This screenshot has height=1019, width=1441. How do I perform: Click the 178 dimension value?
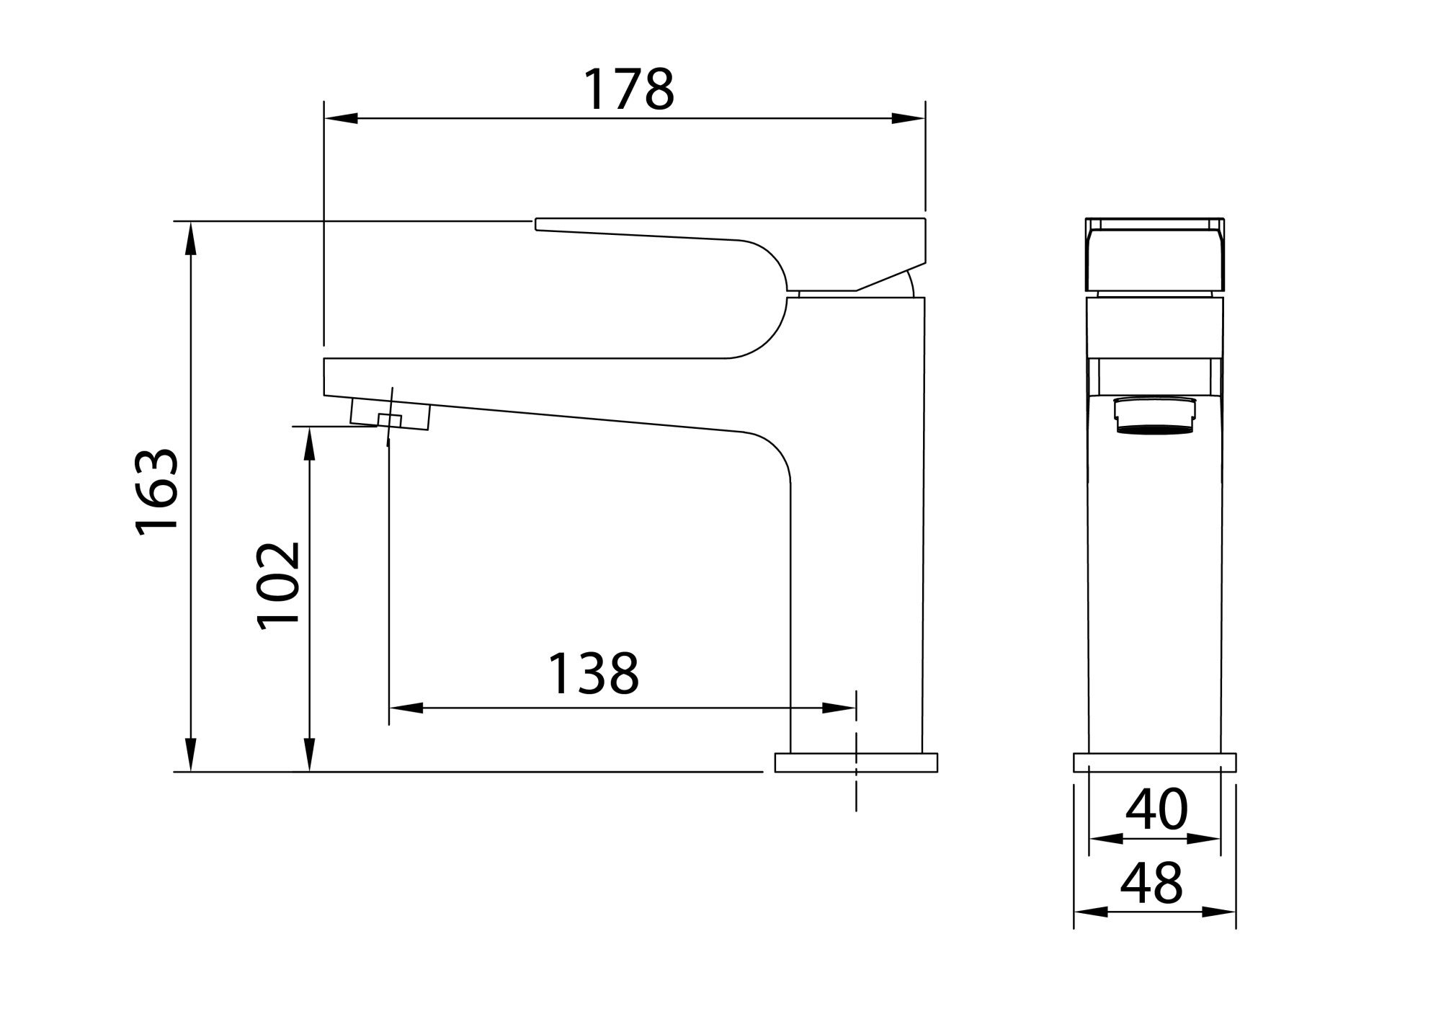coord(628,89)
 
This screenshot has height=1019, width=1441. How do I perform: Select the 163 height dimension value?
coord(157,492)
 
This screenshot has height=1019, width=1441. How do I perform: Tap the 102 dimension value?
coord(279,586)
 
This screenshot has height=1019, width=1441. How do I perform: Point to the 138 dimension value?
coord(594,674)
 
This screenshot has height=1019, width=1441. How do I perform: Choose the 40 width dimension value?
coord(1156,809)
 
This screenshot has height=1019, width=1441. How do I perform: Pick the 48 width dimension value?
coord(1152,882)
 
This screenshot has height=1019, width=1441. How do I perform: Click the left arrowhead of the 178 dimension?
coord(341,118)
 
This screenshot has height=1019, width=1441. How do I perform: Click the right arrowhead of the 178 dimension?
coord(908,118)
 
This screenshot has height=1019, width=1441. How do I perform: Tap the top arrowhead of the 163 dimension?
coord(191,239)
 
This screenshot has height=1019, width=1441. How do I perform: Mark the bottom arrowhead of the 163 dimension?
coord(191,755)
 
